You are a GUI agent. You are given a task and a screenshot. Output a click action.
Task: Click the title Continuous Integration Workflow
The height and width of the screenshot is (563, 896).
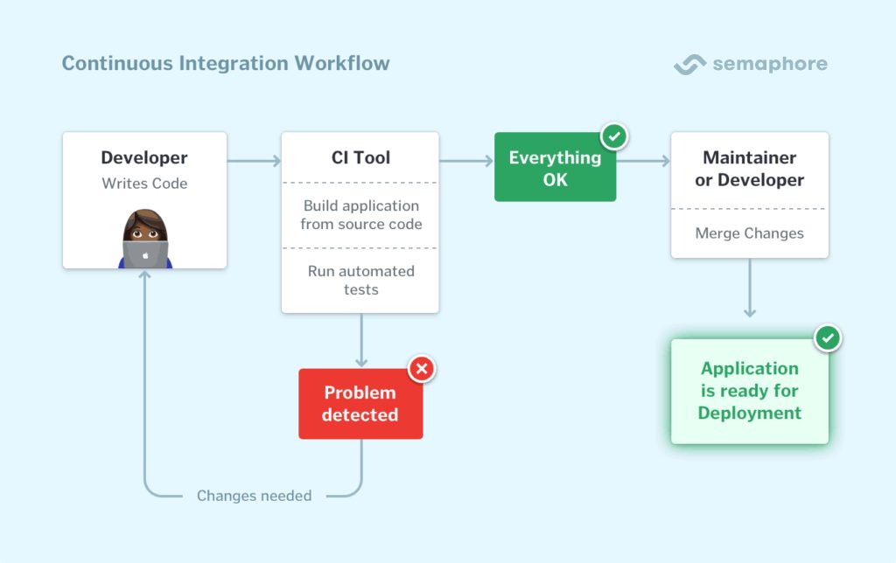[226, 64]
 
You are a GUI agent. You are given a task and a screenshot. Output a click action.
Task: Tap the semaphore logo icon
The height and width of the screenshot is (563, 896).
[689, 65]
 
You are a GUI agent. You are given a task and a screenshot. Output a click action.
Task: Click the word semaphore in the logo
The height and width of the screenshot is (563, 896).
[769, 65]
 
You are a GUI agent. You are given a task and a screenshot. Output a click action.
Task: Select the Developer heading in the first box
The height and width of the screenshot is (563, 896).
[144, 158]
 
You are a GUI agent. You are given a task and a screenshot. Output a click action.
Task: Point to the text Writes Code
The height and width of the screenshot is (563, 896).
[144, 184]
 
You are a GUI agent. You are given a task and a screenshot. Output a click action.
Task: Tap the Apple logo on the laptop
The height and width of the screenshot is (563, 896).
[145, 254]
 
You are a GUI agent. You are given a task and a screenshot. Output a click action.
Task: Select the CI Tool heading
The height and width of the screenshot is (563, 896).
[360, 158]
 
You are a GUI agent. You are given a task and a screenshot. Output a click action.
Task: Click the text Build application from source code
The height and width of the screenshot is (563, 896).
[360, 215]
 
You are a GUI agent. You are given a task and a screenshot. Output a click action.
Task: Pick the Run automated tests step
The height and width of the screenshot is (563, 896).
[360, 280]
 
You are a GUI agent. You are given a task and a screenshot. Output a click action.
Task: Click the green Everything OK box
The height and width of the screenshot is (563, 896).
[555, 169]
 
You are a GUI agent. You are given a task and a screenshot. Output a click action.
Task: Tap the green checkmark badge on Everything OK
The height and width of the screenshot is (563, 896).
[615, 136]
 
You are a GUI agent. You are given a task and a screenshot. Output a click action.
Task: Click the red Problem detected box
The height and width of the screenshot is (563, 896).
[360, 404]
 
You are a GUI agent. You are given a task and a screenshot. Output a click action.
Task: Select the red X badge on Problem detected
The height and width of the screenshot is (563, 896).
[422, 369]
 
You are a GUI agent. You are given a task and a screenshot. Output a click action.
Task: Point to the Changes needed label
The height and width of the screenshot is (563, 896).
[254, 496]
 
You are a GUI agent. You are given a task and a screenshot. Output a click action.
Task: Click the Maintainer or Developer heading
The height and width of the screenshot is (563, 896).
[749, 169]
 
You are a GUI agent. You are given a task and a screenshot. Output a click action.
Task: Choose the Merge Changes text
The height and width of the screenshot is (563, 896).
[749, 233]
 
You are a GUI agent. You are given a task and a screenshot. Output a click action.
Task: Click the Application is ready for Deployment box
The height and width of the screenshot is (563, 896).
[749, 391]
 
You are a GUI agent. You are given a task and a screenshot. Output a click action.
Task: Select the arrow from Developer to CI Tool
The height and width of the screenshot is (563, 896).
[254, 161]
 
